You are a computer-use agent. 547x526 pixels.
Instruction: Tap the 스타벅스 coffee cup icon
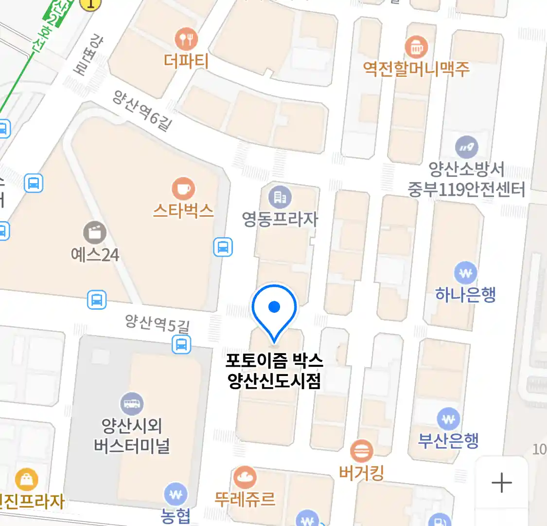click(x=183, y=188)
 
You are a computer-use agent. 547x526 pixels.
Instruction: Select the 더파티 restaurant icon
click(x=186, y=39)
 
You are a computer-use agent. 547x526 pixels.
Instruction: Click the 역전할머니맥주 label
click(x=416, y=69)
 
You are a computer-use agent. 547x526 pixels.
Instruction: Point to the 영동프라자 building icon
click(x=280, y=197)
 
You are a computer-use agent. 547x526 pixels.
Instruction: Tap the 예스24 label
click(x=95, y=255)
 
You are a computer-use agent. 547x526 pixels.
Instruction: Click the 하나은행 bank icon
click(x=465, y=273)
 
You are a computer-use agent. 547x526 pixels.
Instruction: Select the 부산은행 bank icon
click(x=448, y=418)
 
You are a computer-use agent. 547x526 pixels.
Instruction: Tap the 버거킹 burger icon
click(x=362, y=451)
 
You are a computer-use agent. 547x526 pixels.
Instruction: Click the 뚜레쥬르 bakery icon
click(x=245, y=477)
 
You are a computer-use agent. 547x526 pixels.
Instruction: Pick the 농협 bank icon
click(x=176, y=495)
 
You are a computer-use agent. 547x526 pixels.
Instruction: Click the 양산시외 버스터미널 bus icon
click(x=132, y=404)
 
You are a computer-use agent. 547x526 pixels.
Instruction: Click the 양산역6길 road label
click(x=142, y=111)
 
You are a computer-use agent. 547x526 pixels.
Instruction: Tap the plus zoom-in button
click(x=501, y=483)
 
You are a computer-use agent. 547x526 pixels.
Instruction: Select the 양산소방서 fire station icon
click(x=466, y=147)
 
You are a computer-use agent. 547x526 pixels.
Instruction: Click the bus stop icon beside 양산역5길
click(x=181, y=345)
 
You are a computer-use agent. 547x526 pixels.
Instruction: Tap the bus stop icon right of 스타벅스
click(x=223, y=247)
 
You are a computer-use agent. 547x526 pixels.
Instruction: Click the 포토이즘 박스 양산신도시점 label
click(x=274, y=370)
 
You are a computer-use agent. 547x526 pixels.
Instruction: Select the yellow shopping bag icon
click(x=26, y=479)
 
